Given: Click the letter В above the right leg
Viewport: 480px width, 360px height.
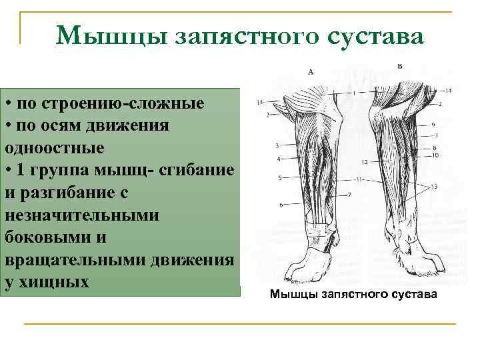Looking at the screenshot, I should tap(399, 66).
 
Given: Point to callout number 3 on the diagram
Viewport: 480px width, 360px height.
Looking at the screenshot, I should tap(276, 145).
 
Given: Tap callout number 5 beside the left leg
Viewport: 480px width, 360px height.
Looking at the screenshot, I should tap(279, 177).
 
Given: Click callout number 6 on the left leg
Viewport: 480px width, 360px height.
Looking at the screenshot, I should tap(281, 204).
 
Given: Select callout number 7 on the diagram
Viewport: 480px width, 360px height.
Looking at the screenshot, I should tap(350, 195).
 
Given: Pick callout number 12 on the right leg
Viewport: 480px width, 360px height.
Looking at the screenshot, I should tap(364, 162).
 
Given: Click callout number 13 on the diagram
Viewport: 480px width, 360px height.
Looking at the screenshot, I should tap(434, 187).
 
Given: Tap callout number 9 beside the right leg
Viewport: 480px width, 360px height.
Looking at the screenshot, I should tap(433, 125).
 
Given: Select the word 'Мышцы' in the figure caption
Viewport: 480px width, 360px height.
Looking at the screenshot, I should tap(293, 294).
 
